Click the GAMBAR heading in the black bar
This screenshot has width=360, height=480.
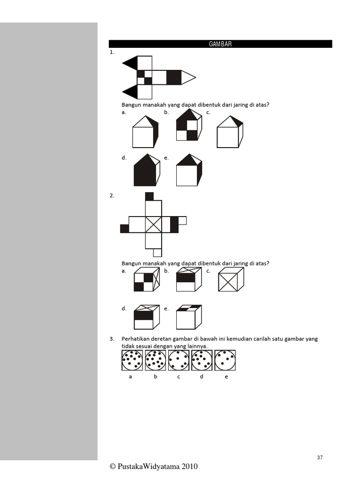point(220,44)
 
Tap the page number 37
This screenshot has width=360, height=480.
point(320,457)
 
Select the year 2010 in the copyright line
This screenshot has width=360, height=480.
point(188,466)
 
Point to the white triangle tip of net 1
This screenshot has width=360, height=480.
point(188,77)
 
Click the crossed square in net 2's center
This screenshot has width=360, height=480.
point(153,224)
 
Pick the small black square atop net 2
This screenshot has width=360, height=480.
point(150,196)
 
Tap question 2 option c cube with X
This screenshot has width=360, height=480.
point(231,281)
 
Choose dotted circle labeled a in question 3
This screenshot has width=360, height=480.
point(132,360)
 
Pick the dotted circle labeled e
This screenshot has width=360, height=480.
point(225,360)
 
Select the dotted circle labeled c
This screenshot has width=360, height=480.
point(179,360)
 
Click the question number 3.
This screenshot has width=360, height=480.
point(112,338)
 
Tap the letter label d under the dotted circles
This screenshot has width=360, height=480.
point(202,376)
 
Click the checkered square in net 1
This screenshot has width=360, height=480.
point(144,77)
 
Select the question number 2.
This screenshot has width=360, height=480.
point(112,196)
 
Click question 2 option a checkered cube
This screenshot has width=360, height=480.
point(146,281)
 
